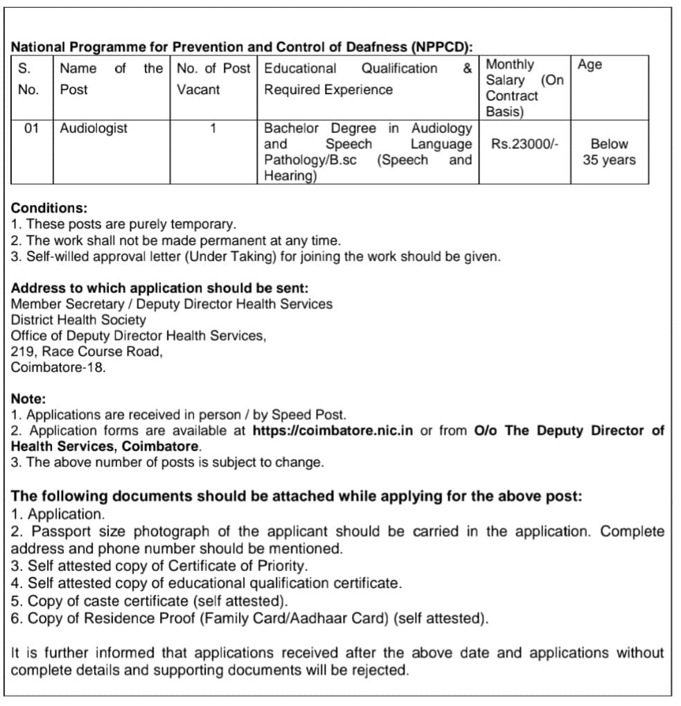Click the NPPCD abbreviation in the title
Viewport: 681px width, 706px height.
click(441, 47)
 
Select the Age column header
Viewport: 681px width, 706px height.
click(590, 64)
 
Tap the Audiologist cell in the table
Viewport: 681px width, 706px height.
click(94, 128)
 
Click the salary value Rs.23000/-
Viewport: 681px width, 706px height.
click(525, 144)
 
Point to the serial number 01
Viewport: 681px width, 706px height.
click(32, 128)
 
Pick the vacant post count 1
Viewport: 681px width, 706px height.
click(213, 128)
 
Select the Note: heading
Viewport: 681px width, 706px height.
click(28, 398)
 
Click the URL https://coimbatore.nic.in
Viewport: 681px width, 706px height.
click(333, 430)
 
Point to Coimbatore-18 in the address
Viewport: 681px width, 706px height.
click(58, 367)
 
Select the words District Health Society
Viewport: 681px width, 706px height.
click(78, 319)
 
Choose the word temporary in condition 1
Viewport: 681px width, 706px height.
click(201, 224)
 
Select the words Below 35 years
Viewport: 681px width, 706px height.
click(609, 152)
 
